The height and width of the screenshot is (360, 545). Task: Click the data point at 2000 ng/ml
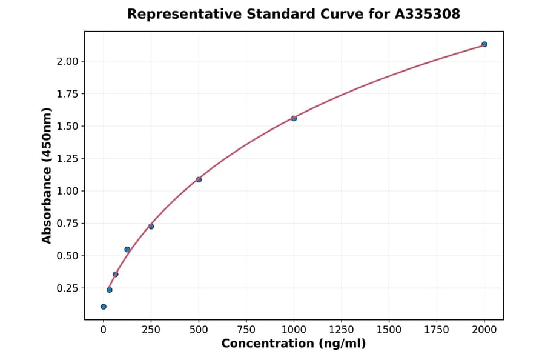click(x=484, y=44)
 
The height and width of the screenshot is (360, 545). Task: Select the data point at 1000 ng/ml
click(x=294, y=118)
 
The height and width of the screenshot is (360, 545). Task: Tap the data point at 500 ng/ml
click(x=199, y=179)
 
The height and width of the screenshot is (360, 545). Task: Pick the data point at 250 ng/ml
click(x=151, y=227)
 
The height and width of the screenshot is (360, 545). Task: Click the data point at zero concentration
click(x=104, y=307)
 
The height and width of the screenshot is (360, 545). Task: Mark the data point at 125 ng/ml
click(x=127, y=250)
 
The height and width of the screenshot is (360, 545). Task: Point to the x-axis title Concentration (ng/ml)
click(x=293, y=344)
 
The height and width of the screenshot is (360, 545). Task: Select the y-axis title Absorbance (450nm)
click(x=47, y=175)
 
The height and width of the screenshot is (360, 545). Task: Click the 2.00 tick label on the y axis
click(x=67, y=61)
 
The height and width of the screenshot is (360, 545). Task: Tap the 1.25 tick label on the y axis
click(x=67, y=159)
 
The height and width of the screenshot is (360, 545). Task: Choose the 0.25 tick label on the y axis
click(x=67, y=288)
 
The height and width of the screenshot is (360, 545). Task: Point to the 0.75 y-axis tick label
click(x=67, y=223)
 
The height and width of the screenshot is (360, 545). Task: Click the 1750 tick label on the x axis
click(x=437, y=330)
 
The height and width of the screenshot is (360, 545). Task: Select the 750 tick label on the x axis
click(x=246, y=330)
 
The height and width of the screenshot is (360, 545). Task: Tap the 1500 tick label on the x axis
click(x=389, y=330)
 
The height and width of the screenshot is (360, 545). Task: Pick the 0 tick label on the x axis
click(x=104, y=330)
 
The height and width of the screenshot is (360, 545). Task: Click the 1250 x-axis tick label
click(x=341, y=330)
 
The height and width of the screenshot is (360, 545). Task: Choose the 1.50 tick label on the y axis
click(x=67, y=126)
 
